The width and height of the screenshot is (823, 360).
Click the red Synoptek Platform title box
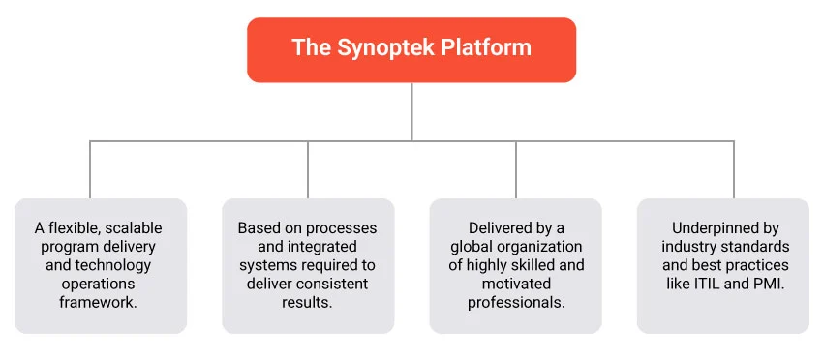(x=411, y=48)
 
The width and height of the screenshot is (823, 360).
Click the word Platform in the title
(x=476, y=48)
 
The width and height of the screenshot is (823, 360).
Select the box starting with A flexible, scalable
(x=100, y=266)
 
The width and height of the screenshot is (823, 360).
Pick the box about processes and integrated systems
(x=307, y=266)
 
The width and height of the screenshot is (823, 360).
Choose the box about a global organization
(x=515, y=266)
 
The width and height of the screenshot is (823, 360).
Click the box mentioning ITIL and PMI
(x=722, y=266)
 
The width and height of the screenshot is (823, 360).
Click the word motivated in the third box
(x=515, y=284)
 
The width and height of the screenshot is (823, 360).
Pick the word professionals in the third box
(x=515, y=302)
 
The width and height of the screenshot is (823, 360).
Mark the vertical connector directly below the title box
(x=411, y=111)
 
